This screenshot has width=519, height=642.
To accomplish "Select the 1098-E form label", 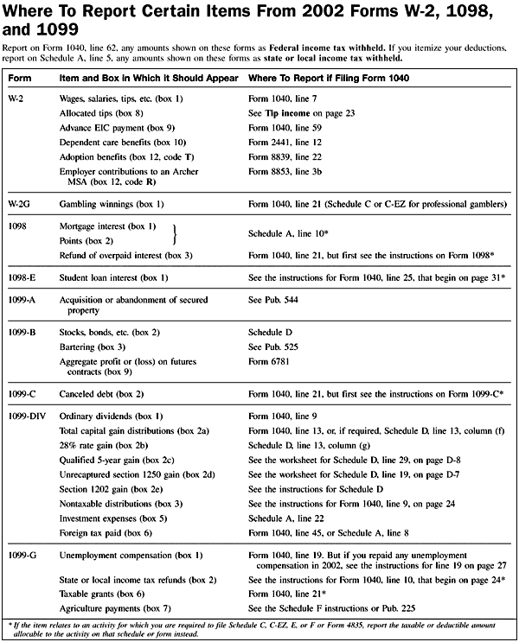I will (x=22, y=277).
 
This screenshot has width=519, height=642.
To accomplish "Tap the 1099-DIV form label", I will (x=26, y=416).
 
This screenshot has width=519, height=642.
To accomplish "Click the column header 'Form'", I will (x=17, y=77).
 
